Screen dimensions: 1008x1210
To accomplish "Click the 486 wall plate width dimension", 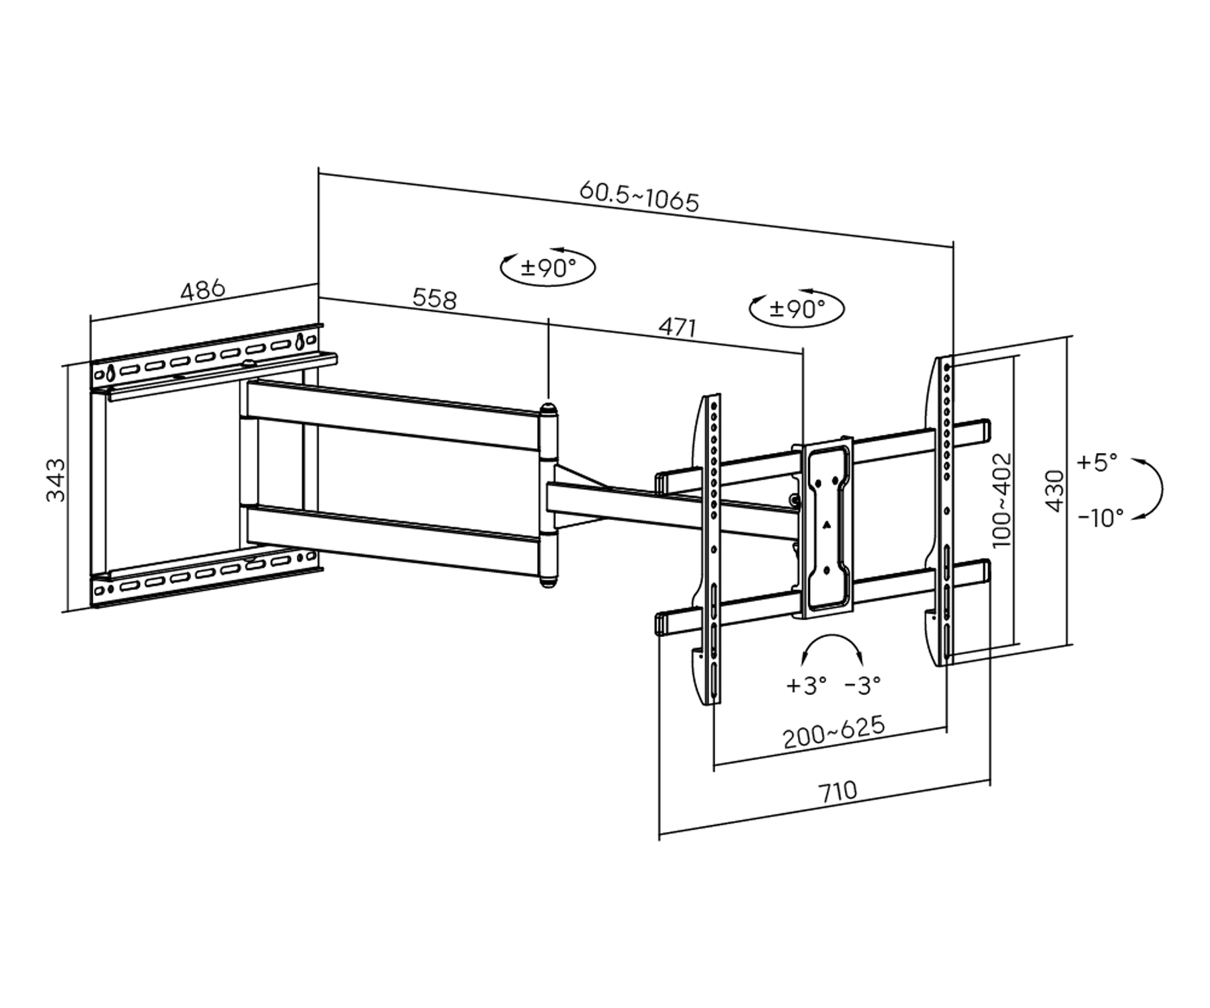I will click(x=203, y=290).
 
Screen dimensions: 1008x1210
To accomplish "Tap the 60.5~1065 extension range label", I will click(x=639, y=196).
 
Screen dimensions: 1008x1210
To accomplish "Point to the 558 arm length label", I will click(x=434, y=298).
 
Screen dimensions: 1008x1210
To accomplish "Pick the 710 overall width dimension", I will click(x=838, y=791).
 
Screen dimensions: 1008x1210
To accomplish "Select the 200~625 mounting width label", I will click(x=834, y=732).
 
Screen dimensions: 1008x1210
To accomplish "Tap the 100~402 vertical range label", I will click(x=1002, y=499).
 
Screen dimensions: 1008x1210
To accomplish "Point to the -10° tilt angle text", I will click(x=1100, y=517).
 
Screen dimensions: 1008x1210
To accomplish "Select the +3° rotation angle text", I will click(x=806, y=685).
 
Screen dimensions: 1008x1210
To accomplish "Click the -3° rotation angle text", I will click(x=862, y=685).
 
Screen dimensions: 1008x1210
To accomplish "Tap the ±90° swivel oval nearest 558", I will click(x=548, y=268).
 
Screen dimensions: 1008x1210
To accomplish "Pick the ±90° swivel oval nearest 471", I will click(x=797, y=308).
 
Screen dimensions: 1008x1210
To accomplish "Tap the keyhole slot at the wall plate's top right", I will click(x=300, y=340).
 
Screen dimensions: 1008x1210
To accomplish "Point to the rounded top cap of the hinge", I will click(x=549, y=407).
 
